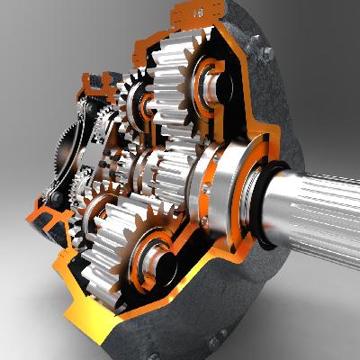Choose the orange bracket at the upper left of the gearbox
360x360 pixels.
[x=94, y=85]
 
